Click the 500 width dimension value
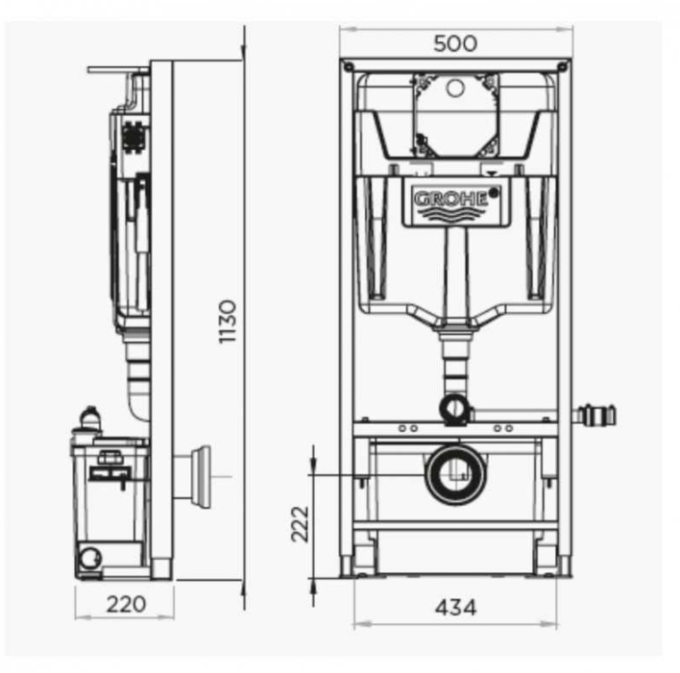coord(455,44)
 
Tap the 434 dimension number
coord(456,608)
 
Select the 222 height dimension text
coord(300,524)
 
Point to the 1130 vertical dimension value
coord(228,321)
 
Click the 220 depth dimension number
coord(126,604)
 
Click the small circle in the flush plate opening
coord(455,88)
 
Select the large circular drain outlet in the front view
coord(455,476)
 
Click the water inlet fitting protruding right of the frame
coord(595,415)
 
